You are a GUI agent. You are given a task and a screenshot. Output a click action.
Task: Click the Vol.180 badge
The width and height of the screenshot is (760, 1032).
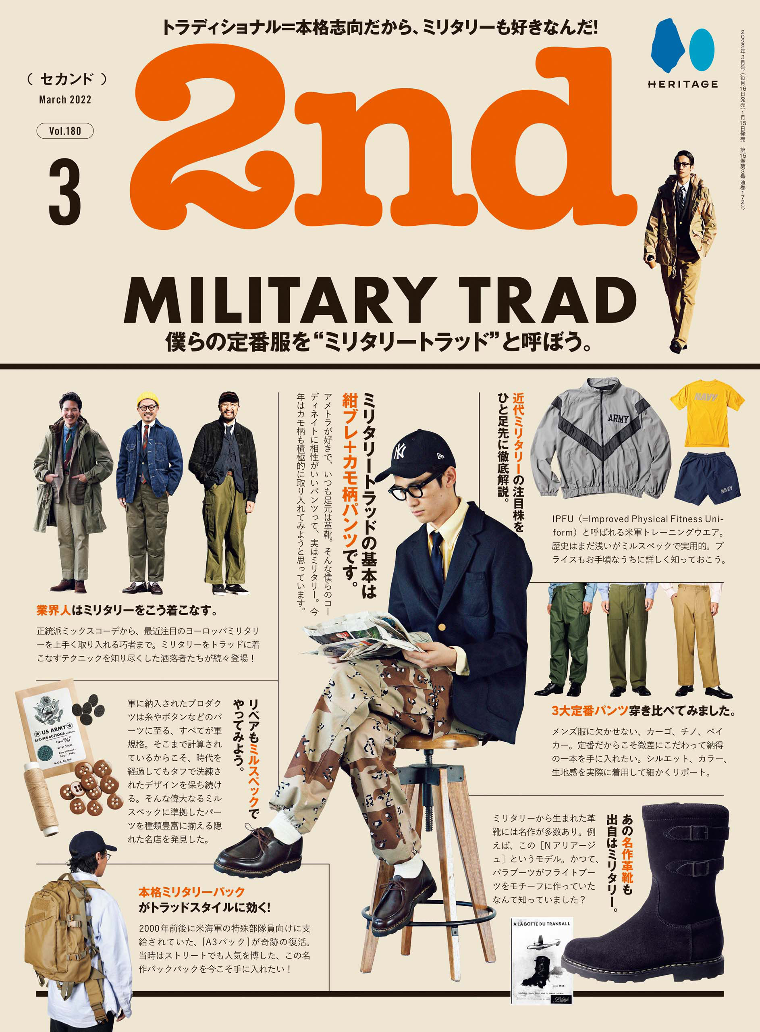tap(65, 131)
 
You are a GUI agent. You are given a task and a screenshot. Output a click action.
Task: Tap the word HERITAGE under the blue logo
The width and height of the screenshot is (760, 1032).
tap(683, 84)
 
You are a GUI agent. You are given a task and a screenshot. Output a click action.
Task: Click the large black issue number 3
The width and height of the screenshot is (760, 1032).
tap(65, 192)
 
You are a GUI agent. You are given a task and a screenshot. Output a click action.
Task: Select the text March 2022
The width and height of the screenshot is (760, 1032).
tap(65, 100)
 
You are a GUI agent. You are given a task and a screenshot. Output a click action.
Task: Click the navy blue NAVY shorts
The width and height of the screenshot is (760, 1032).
tap(708, 478)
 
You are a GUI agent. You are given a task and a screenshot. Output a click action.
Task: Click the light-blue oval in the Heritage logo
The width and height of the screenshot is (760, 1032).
tap(701, 50)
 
